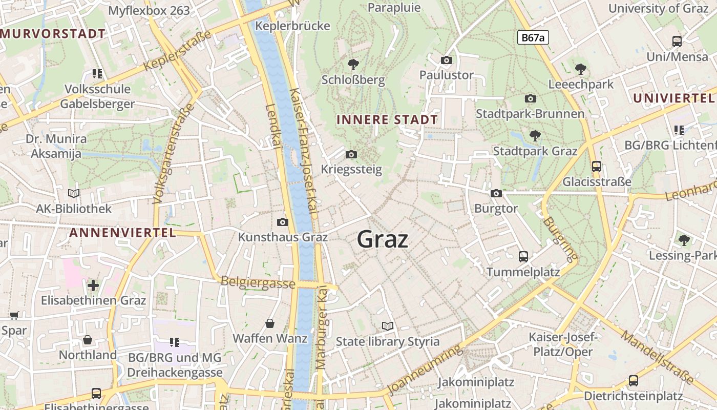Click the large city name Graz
(x=383, y=239)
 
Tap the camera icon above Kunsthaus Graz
(x=282, y=222)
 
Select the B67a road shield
(x=533, y=37)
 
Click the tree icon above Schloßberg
(x=353, y=65)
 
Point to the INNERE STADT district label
(x=387, y=120)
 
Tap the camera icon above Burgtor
(x=496, y=193)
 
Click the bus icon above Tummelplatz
(x=523, y=256)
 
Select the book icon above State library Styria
(x=388, y=326)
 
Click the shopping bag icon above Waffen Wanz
(x=270, y=323)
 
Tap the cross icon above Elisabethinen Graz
(x=93, y=285)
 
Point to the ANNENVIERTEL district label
(x=122, y=233)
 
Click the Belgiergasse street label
(x=258, y=282)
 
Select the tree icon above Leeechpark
(x=580, y=69)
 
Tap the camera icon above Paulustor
(x=447, y=60)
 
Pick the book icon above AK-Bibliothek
(x=74, y=193)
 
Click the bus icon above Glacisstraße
(x=597, y=166)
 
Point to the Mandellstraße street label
(x=657, y=357)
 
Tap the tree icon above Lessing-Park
(x=684, y=240)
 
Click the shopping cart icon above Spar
(x=14, y=315)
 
